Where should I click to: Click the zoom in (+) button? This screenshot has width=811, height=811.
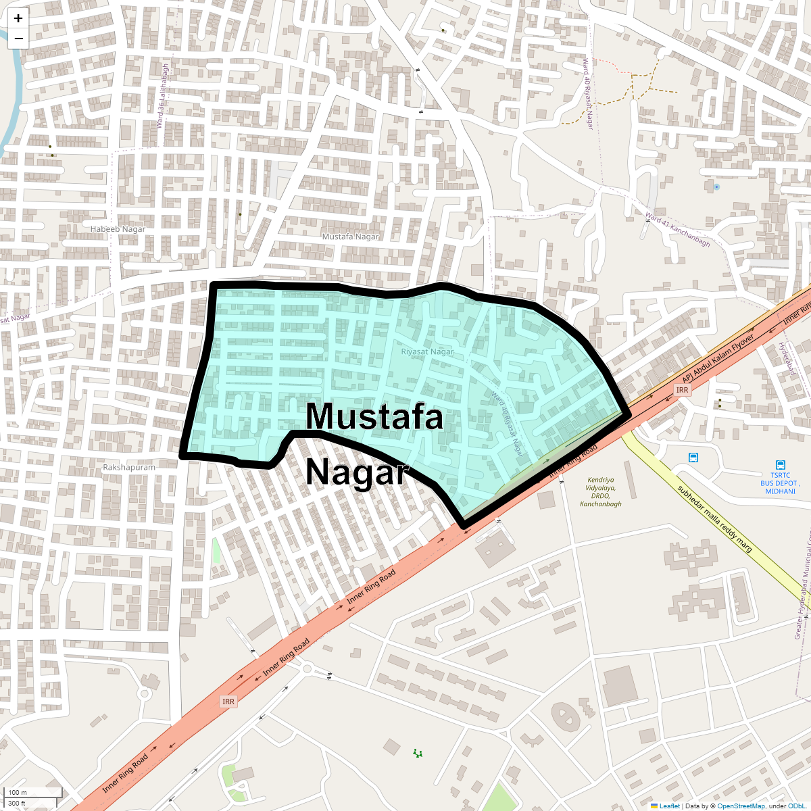(18, 19)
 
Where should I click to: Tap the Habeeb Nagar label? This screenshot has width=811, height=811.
(118, 229)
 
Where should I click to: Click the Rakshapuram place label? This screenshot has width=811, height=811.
(129, 467)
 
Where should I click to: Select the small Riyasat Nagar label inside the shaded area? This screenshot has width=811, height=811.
(427, 351)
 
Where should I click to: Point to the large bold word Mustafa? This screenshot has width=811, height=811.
(374, 416)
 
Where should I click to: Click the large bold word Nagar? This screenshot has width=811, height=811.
(358, 472)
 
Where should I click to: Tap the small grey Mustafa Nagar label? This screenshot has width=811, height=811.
(350, 237)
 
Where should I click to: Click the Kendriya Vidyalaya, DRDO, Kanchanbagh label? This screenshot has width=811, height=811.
(600, 492)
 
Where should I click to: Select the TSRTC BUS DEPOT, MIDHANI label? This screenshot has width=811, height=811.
(780, 483)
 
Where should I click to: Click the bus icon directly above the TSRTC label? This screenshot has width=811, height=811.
(781, 465)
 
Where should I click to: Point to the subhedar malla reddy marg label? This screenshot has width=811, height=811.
(714, 519)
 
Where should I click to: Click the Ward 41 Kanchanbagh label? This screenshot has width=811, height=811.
(677, 229)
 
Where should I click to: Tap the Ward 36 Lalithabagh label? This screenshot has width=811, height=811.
(162, 96)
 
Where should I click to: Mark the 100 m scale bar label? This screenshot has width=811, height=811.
(18, 792)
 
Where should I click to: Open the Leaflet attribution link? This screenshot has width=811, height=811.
(669, 806)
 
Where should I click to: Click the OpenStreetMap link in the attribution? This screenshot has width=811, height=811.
(741, 806)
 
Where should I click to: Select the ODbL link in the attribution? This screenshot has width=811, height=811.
(796, 806)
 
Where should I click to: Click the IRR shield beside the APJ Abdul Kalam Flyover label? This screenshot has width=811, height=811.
(682, 390)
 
